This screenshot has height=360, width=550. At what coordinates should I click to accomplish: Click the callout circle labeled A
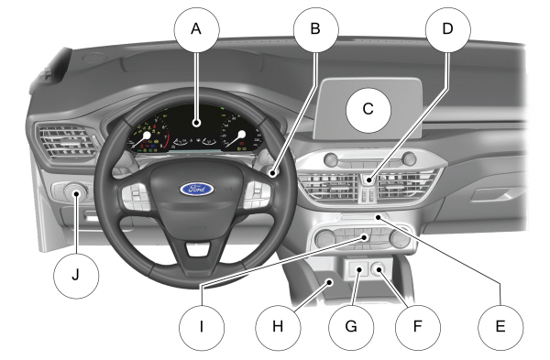[196, 29]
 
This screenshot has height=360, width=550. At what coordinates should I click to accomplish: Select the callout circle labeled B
[315, 29]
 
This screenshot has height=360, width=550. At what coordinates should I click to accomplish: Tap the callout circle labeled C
[368, 109]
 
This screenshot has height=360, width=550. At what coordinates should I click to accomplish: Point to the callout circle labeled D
[448, 29]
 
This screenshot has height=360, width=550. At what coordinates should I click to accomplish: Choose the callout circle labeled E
[500, 327]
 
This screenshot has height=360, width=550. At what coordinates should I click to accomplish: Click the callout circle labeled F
[417, 327]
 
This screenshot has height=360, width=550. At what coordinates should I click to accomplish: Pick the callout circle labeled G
[351, 327]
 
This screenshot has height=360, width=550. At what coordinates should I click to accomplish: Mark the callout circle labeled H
[278, 327]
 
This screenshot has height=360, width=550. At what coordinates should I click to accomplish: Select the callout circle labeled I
[202, 327]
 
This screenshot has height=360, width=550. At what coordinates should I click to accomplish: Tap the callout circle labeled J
[76, 276]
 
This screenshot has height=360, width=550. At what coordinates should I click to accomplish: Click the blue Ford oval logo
[197, 190]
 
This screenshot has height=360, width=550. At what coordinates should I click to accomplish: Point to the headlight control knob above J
[75, 192]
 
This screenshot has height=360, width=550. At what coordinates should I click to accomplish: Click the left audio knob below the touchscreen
[331, 159]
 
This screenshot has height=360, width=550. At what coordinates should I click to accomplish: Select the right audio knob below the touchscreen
[409, 158]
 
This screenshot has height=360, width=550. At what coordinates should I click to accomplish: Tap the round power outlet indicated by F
[379, 269]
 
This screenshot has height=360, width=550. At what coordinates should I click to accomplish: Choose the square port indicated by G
[358, 269]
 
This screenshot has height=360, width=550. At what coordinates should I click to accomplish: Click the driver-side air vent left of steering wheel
[67, 142]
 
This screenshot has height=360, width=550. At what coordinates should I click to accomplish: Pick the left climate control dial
[325, 239]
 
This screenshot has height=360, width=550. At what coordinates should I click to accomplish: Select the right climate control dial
[400, 239]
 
